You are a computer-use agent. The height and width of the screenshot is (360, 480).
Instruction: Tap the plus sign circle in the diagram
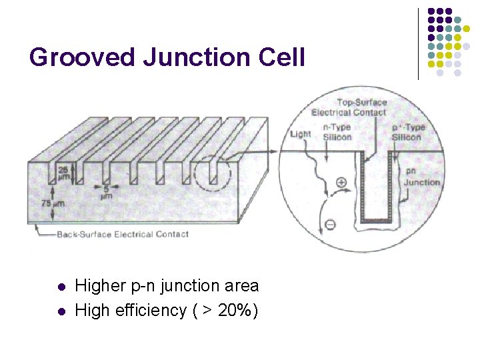click(341, 181)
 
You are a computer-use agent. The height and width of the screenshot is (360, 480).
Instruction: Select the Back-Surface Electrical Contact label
click(122, 234)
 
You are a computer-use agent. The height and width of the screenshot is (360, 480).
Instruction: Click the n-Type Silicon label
click(336, 132)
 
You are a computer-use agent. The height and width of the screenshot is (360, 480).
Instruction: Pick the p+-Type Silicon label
click(406, 132)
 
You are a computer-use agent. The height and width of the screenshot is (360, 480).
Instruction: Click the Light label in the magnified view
click(301, 135)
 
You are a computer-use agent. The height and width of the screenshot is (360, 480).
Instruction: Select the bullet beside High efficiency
click(61, 311)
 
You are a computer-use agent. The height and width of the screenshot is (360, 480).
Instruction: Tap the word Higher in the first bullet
click(99, 287)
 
